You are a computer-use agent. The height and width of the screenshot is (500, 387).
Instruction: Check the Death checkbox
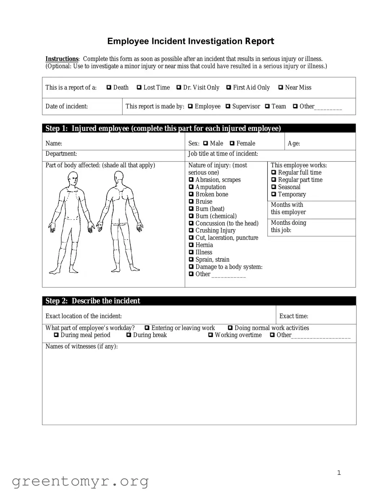click(x=109, y=88)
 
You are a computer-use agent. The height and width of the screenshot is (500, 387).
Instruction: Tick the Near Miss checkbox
click(x=281, y=88)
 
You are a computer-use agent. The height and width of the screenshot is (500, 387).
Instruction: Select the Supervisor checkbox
click(x=228, y=106)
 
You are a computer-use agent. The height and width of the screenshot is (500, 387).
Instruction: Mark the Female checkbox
click(x=232, y=143)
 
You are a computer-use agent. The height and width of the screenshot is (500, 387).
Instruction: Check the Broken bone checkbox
click(x=191, y=194)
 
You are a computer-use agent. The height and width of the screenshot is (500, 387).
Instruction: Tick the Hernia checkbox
click(x=191, y=245)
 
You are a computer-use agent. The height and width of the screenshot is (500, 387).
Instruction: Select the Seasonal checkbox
click(x=274, y=187)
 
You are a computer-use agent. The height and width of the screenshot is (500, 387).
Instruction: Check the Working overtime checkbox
click(x=211, y=335)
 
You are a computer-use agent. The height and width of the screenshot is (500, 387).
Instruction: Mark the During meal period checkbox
click(x=56, y=335)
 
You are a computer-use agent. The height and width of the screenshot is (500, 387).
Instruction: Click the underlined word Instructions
click(x=62, y=59)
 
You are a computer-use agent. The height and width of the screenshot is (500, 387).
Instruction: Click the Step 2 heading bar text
click(x=93, y=301)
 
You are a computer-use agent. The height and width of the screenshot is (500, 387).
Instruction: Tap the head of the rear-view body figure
click(x=119, y=178)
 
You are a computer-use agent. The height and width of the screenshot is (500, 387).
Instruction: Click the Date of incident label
click(x=66, y=106)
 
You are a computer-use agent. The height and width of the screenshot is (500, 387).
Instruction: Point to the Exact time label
click(x=294, y=316)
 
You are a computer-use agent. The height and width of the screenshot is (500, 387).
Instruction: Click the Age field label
click(x=294, y=143)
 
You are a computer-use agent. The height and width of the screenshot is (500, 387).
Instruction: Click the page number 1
click(x=339, y=473)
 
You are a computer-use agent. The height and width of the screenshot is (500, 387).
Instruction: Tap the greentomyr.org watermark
click(x=80, y=481)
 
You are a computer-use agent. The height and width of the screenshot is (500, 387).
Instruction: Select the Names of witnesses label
click(x=82, y=346)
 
